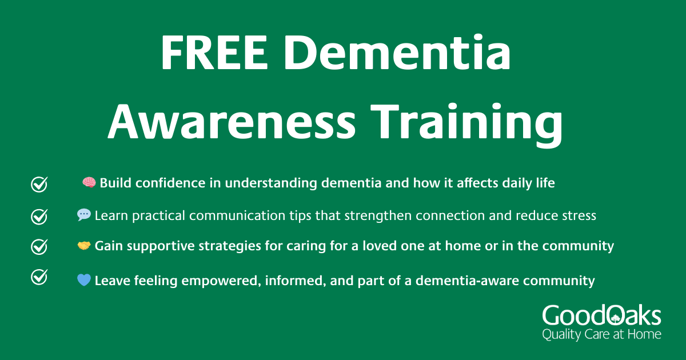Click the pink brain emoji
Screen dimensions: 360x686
pyautogui.click(x=89, y=183)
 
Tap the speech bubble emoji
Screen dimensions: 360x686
pyautogui.click(x=84, y=215)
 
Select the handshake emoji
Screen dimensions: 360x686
pyautogui.click(x=84, y=246)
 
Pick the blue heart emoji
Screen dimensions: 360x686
pyautogui.click(x=84, y=281)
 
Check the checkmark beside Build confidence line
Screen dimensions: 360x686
pyautogui.click(x=39, y=184)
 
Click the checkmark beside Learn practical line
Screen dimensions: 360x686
pyautogui.click(x=39, y=216)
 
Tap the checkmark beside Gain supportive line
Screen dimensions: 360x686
pyautogui.click(x=39, y=247)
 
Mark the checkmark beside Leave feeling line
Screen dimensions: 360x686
pyautogui.click(x=39, y=277)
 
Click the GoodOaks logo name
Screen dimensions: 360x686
pyautogui.click(x=601, y=316)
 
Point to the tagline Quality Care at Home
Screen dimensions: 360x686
pyautogui.click(x=601, y=334)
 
